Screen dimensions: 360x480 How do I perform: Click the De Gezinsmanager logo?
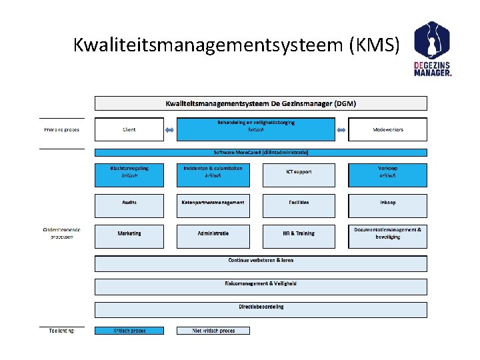click(433, 49)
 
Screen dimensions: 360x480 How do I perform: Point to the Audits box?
click(129, 205)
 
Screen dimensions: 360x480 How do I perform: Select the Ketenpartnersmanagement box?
click(213, 205)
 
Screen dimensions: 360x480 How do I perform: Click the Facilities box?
click(299, 205)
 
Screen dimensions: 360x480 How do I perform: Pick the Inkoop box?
click(387, 205)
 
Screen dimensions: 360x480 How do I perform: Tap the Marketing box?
click(129, 236)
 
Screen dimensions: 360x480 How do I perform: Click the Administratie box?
click(213, 236)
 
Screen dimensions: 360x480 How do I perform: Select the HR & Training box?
click(299, 236)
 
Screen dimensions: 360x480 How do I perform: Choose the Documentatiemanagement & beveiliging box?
click(387, 236)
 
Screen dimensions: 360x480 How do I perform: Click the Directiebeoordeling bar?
click(261, 309)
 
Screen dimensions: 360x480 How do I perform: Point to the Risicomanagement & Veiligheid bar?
click(261, 287)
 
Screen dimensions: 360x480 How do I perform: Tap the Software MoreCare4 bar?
click(261, 152)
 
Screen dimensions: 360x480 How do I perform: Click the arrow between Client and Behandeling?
click(170, 130)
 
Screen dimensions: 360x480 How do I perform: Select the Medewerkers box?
click(387, 130)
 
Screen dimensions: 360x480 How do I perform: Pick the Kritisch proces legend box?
click(129, 331)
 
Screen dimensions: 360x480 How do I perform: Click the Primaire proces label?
click(62, 130)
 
